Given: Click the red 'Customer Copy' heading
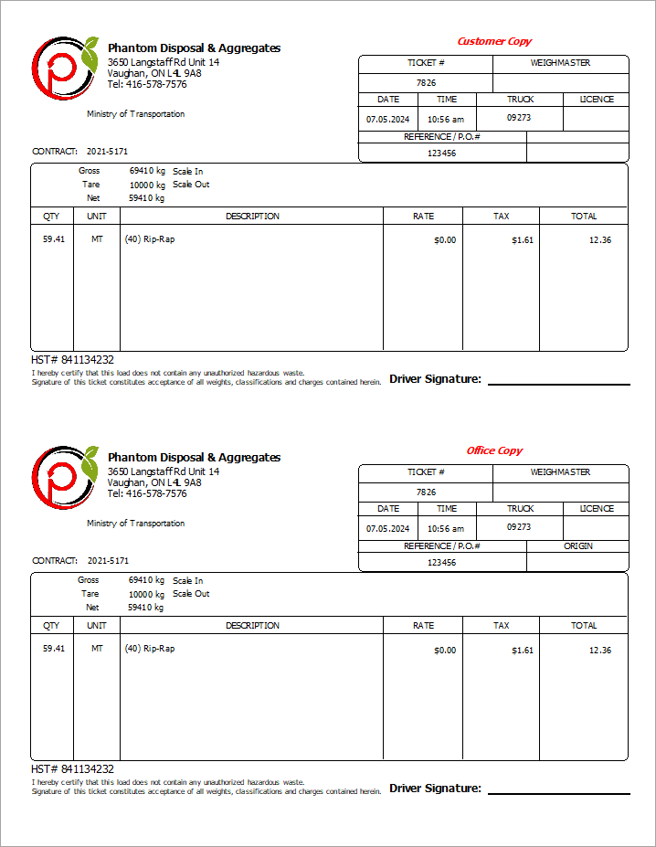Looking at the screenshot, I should (493, 41).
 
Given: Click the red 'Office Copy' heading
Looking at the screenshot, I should (494, 450).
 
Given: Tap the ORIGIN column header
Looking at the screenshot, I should (577, 545).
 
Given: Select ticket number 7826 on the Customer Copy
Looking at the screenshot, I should (426, 82).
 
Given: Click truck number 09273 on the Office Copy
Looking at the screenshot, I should (519, 526).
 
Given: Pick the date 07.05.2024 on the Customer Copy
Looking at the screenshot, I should (388, 119).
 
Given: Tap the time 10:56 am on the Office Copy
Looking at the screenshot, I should (446, 528).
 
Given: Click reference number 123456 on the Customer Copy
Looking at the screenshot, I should (441, 153).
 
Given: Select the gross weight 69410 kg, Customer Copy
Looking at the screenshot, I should (147, 171).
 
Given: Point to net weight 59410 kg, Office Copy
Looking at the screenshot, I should (146, 607).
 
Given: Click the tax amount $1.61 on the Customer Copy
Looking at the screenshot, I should (522, 240).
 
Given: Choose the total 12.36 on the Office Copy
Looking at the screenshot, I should (599, 650).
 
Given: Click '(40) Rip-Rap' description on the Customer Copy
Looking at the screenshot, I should (149, 239).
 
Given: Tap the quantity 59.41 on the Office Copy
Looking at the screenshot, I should (54, 649).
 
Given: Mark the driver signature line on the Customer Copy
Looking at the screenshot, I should (558, 384).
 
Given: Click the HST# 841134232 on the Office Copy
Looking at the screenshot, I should (72, 769).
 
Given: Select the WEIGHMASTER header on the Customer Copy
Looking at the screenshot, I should (560, 63).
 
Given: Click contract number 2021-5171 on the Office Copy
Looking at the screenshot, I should (108, 560).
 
